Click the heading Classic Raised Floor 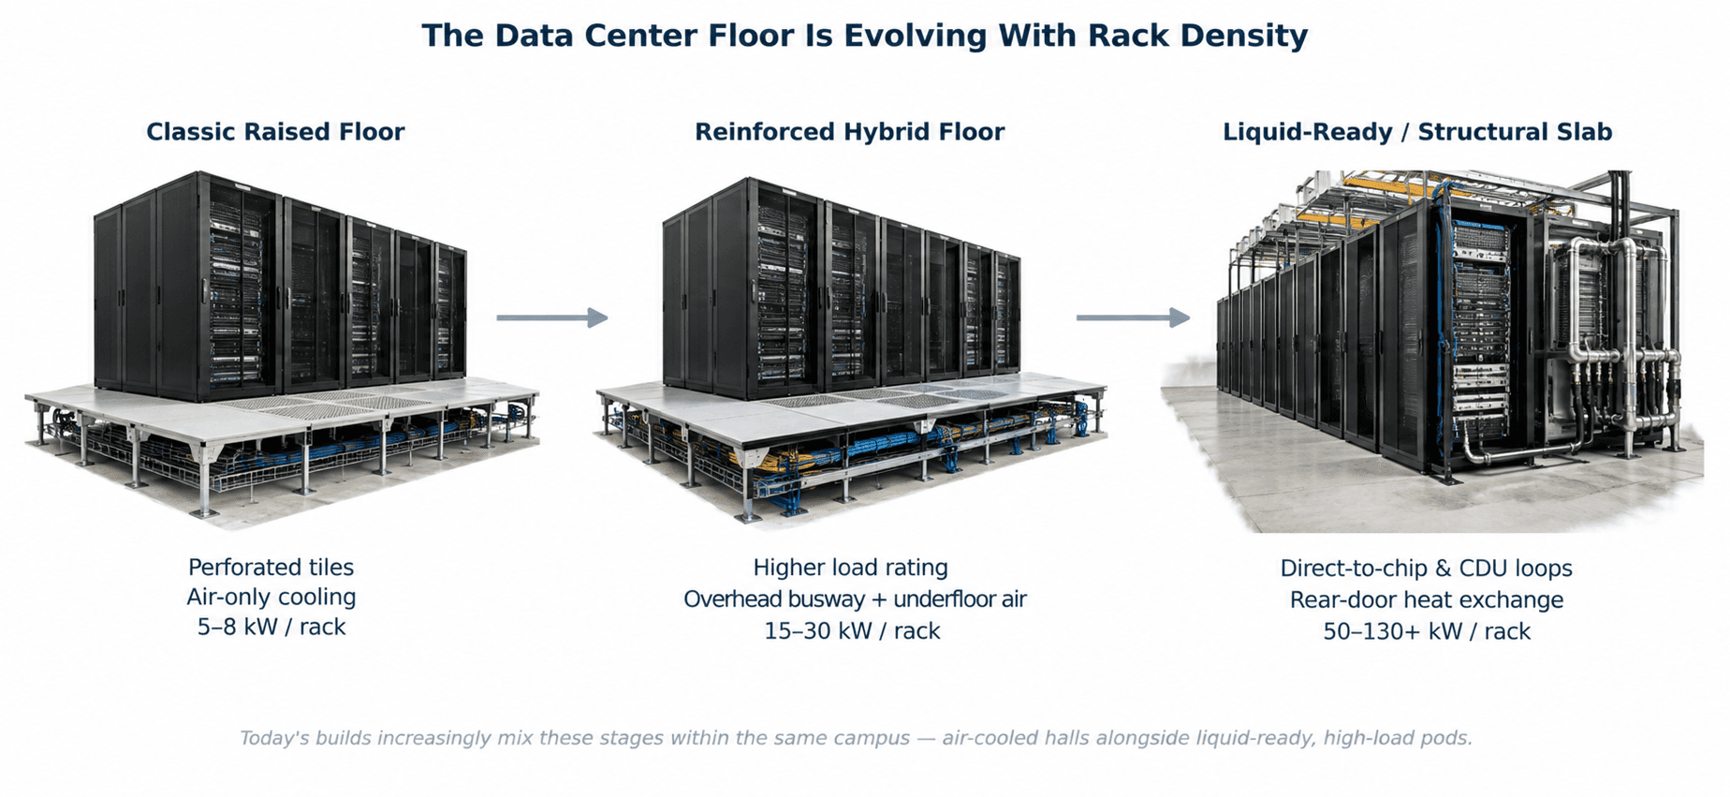coord(275,132)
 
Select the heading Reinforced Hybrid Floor coord(849,132)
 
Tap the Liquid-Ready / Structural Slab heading coord(1417,132)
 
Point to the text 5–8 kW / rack coord(271,627)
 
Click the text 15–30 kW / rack coord(852,630)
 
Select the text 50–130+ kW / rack coord(1427,631)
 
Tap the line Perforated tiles coord(271,567)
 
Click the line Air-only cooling coord(271,597)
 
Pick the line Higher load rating coord(851,568)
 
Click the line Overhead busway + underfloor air coord(855,599)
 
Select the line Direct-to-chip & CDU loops coord(1426,568)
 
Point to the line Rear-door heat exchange coord(1427,599)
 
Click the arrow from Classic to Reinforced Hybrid coord(552,317)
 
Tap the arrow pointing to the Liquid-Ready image coord(1133,317)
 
